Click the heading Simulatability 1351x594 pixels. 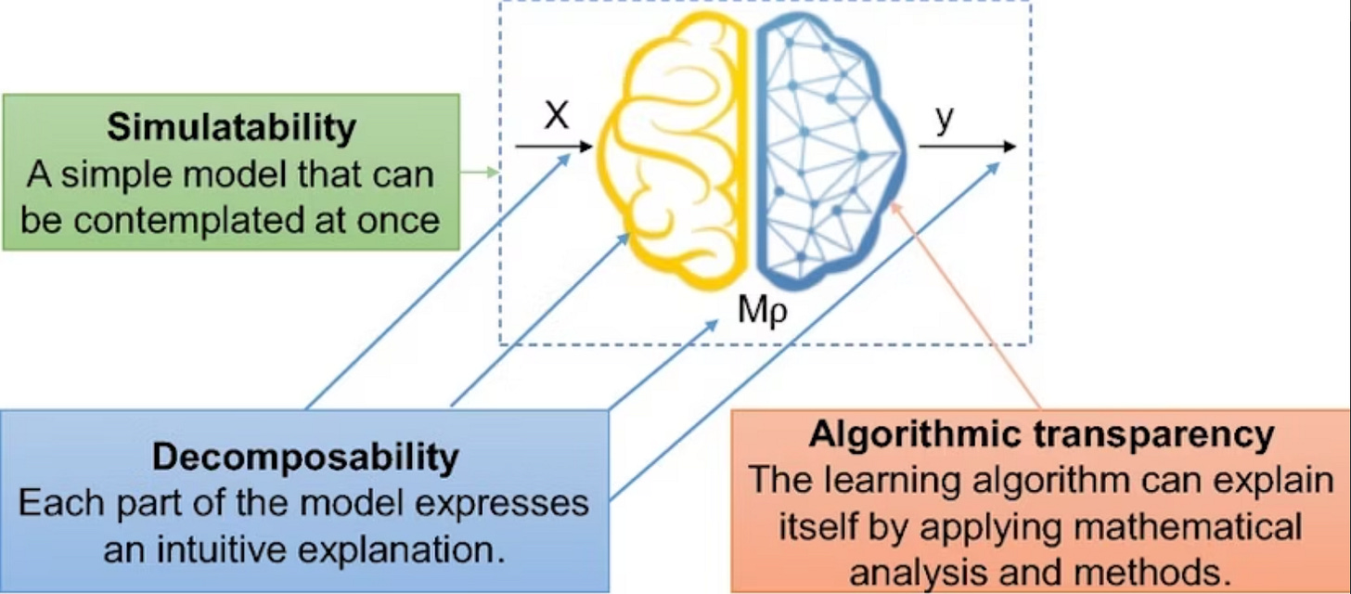click(x=231, y=128)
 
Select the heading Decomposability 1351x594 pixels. click(x=305, y=457)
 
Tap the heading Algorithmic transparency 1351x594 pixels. click(x=1040, y=433)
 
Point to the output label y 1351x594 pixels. click(x=945, y=122)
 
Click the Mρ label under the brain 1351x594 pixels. click(x=762, y=311)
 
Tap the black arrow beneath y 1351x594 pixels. click(x=966, y=147)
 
